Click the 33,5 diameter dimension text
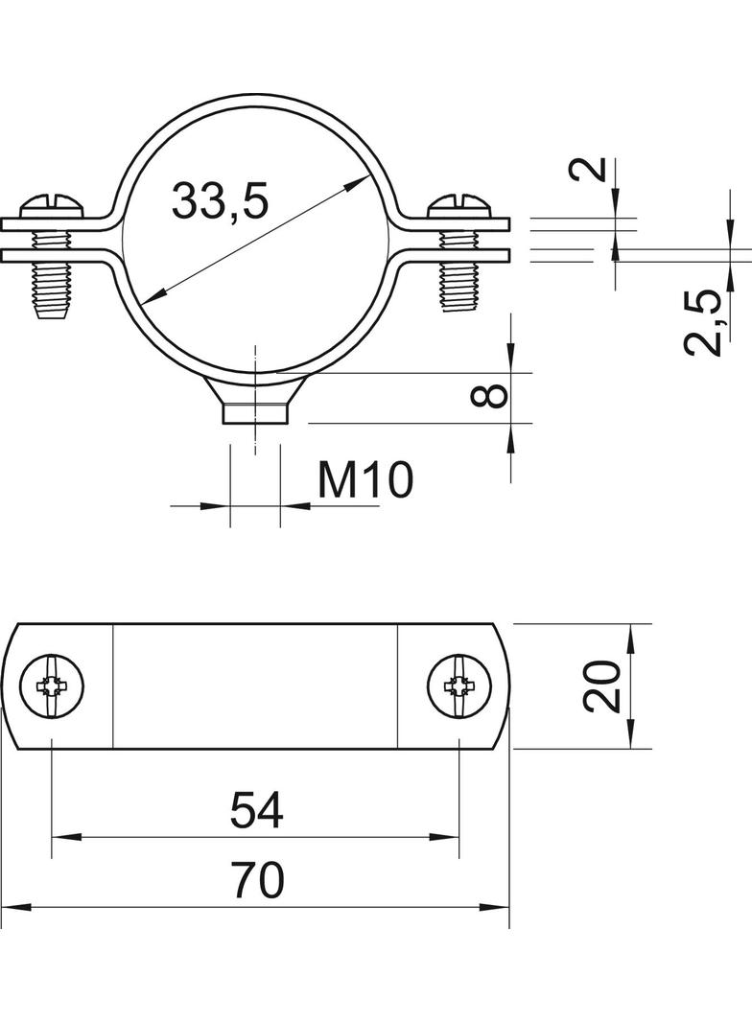[x=220, y=199]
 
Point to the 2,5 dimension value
[x=703, y=323]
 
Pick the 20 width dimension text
[x=602, y=685]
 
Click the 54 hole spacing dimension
[x=256, y=810]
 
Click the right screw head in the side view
[x=461, y=206]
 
